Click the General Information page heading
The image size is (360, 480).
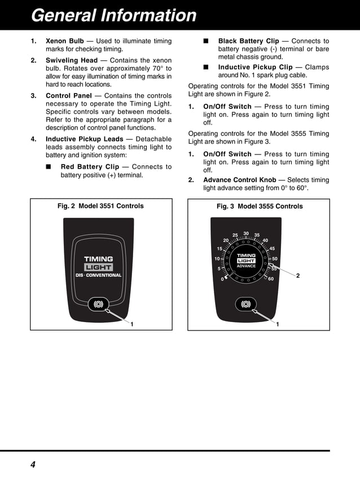114,15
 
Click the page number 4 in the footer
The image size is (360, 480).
33,465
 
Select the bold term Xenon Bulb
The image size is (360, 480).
64,41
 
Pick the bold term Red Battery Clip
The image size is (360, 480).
90,167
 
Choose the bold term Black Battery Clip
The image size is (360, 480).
248,41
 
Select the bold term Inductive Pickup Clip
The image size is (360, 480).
255,67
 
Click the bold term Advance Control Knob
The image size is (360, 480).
239,180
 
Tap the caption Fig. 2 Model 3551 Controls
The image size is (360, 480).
100,206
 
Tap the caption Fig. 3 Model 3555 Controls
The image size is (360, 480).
260,206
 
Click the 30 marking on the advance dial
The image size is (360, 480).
246,234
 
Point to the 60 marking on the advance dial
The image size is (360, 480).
271,279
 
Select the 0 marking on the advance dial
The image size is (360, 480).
222,279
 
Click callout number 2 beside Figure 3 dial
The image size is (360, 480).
298,275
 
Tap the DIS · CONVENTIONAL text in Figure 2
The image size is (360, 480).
99,275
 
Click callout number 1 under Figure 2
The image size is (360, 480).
131,324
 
